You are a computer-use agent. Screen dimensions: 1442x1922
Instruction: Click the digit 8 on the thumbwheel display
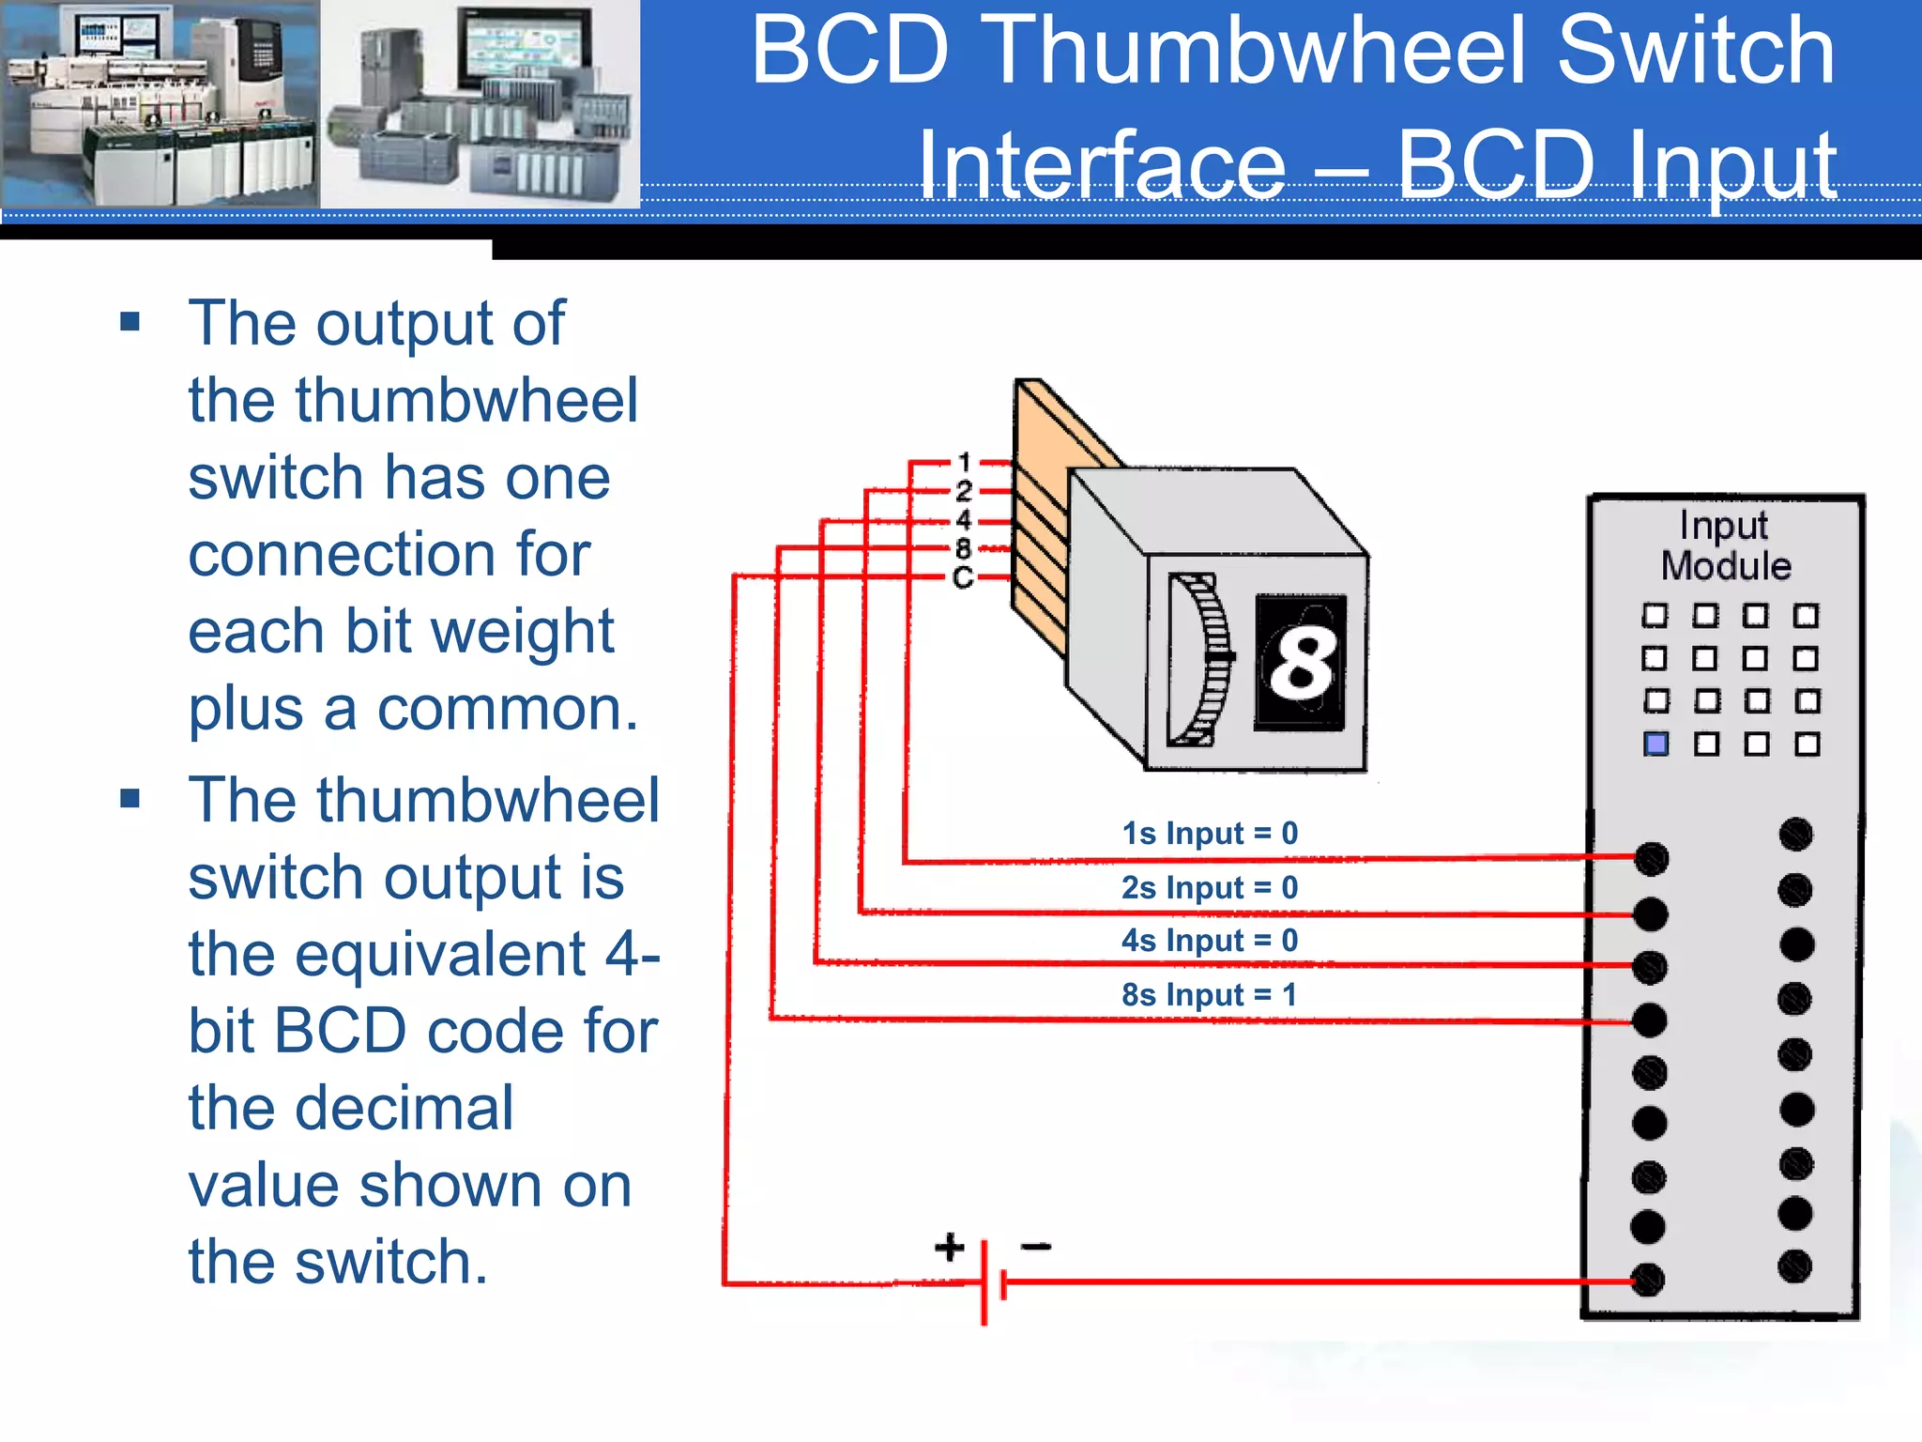click(1302, 662)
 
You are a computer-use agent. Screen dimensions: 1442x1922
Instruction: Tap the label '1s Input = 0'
click(1210, 833)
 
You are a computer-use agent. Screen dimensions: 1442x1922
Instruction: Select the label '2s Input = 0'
click(1210, 887)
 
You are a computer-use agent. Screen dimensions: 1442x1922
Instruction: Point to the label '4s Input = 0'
click(1210, 940)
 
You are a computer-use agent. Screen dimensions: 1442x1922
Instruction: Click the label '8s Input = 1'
click(1210, 994)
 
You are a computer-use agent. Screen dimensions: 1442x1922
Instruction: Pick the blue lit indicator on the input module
click(1656, 744)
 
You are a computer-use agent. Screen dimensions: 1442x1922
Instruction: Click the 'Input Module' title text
click(1725, 545)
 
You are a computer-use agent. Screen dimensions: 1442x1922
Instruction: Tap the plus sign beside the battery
click(950, 1247)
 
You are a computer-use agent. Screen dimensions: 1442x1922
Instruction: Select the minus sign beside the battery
click(1036, 1247)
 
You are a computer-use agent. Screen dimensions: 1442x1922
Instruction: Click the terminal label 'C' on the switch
click(963, 577)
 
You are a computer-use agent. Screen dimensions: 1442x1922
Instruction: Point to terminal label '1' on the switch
click(964, 462)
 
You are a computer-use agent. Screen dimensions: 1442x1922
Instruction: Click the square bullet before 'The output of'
click(130, 323)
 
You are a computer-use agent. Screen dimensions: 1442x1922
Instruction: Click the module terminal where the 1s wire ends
click(1652, 858)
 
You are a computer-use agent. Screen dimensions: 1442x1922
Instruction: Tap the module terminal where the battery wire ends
click(1648, 1280)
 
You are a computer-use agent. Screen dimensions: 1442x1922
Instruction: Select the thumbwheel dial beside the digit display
click(1202, 660)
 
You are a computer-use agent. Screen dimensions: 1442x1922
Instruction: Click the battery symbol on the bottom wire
click(993, 1282)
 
